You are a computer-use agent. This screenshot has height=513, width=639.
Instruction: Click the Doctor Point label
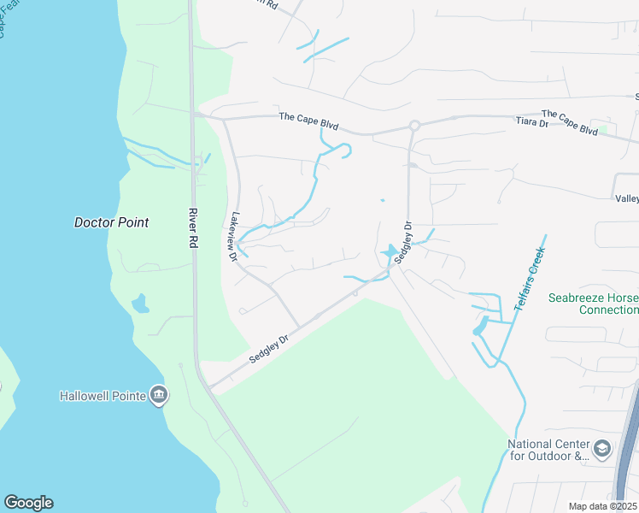(111, 222)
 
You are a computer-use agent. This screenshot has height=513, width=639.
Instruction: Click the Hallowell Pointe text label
(103, 396)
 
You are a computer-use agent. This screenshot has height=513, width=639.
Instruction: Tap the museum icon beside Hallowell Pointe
(159, 395)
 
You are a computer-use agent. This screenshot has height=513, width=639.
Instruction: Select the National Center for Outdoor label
(548, 450)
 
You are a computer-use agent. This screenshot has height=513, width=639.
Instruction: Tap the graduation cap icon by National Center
(602, 448)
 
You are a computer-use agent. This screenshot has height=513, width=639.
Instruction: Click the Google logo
(28, 503)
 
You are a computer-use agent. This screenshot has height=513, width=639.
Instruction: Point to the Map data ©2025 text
(602, 506)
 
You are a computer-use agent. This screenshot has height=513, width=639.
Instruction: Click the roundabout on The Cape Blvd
(413, 126)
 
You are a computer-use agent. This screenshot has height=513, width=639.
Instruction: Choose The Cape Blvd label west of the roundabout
(308, 121)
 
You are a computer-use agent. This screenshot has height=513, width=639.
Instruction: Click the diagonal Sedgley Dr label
(271, 349)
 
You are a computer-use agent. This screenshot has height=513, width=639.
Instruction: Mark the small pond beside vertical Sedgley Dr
(391, 253)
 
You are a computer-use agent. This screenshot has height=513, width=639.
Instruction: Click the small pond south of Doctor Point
(140, 303)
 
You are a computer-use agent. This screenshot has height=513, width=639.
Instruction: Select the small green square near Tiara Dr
(604, 130)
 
